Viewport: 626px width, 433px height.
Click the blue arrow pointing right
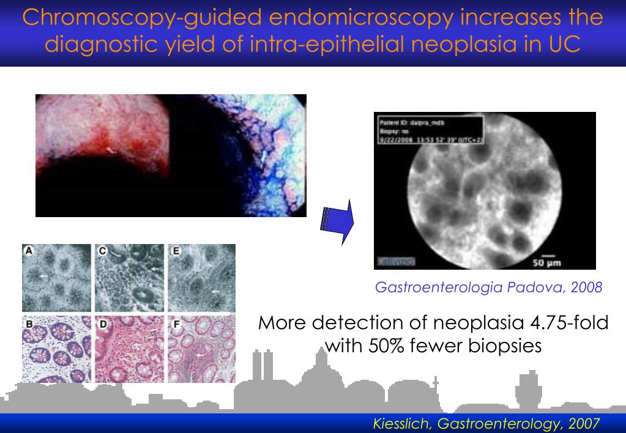tap(337, 221)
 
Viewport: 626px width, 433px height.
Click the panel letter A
tap(28, 250)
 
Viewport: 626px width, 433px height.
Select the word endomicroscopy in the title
tap(322, 17)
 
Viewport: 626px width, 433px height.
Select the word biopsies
tap(502, 346)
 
